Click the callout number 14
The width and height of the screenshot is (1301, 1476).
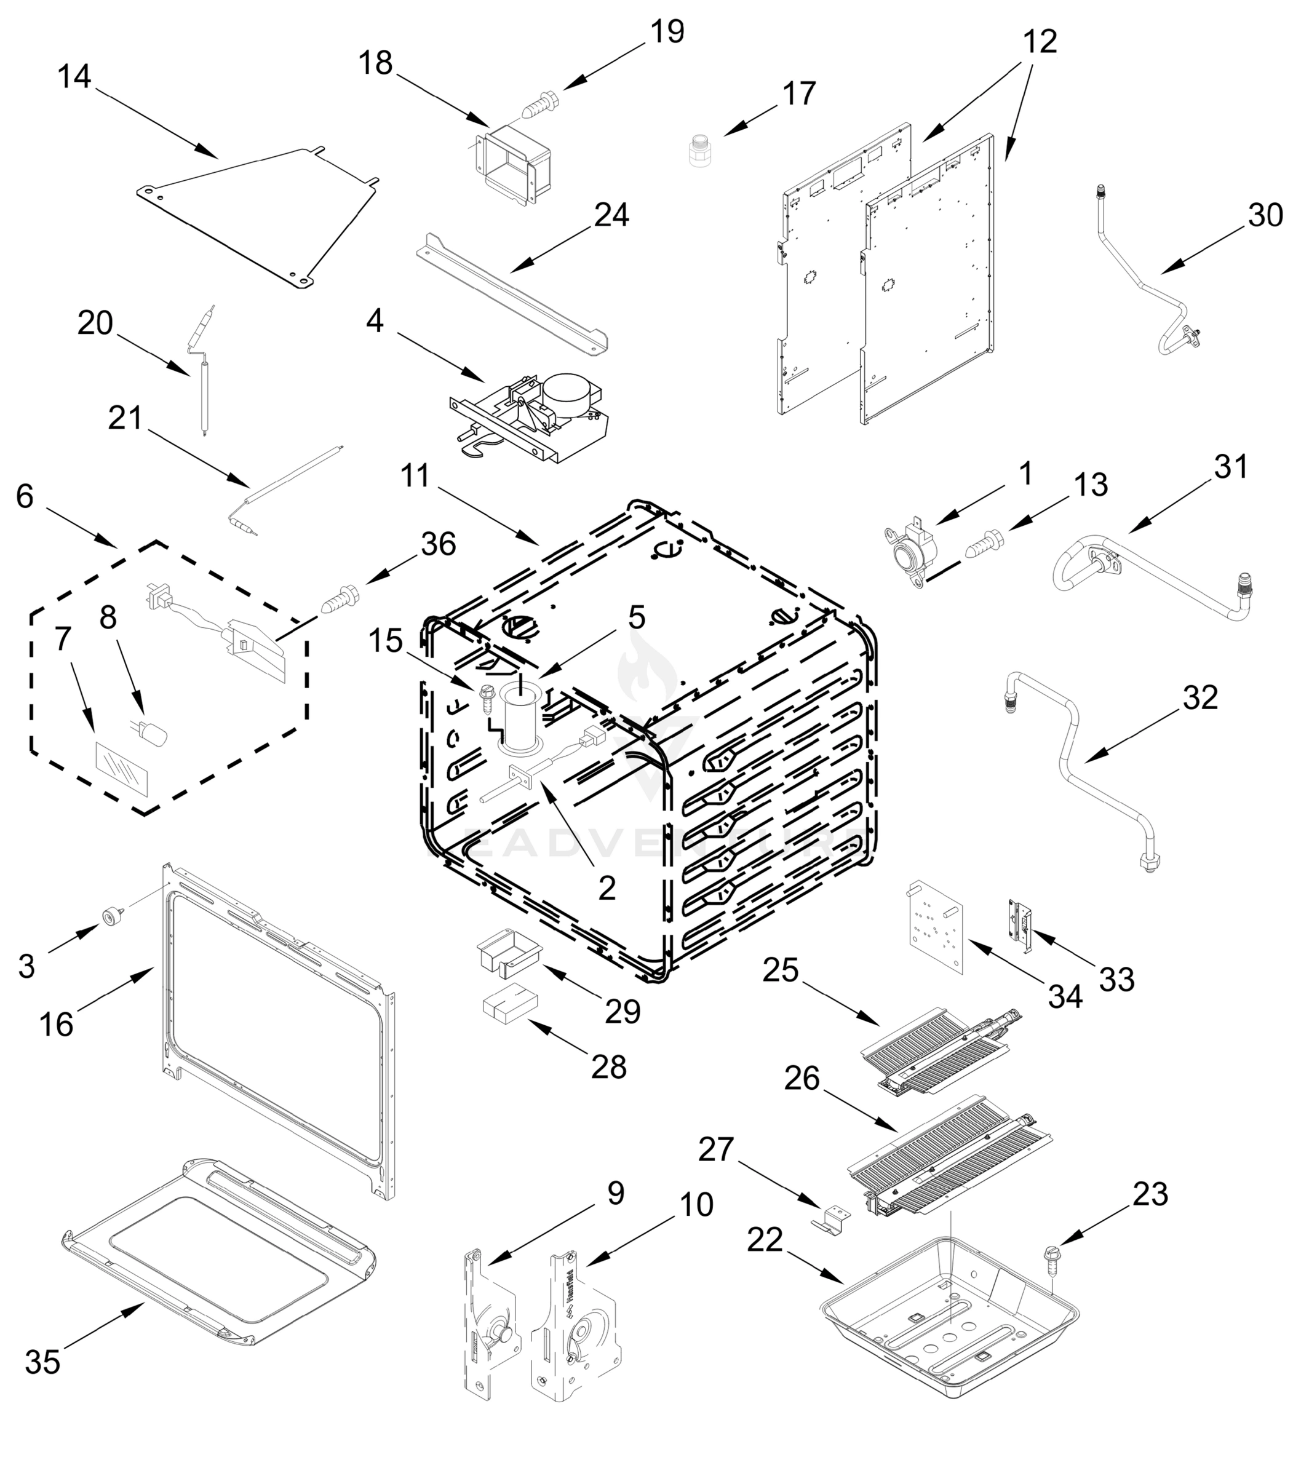click(74, 76)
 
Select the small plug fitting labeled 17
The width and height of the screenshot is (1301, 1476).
click(698, 149)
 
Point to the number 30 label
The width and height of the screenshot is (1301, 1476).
click(1265, 215)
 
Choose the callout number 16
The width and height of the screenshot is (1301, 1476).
click(57, 1024)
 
